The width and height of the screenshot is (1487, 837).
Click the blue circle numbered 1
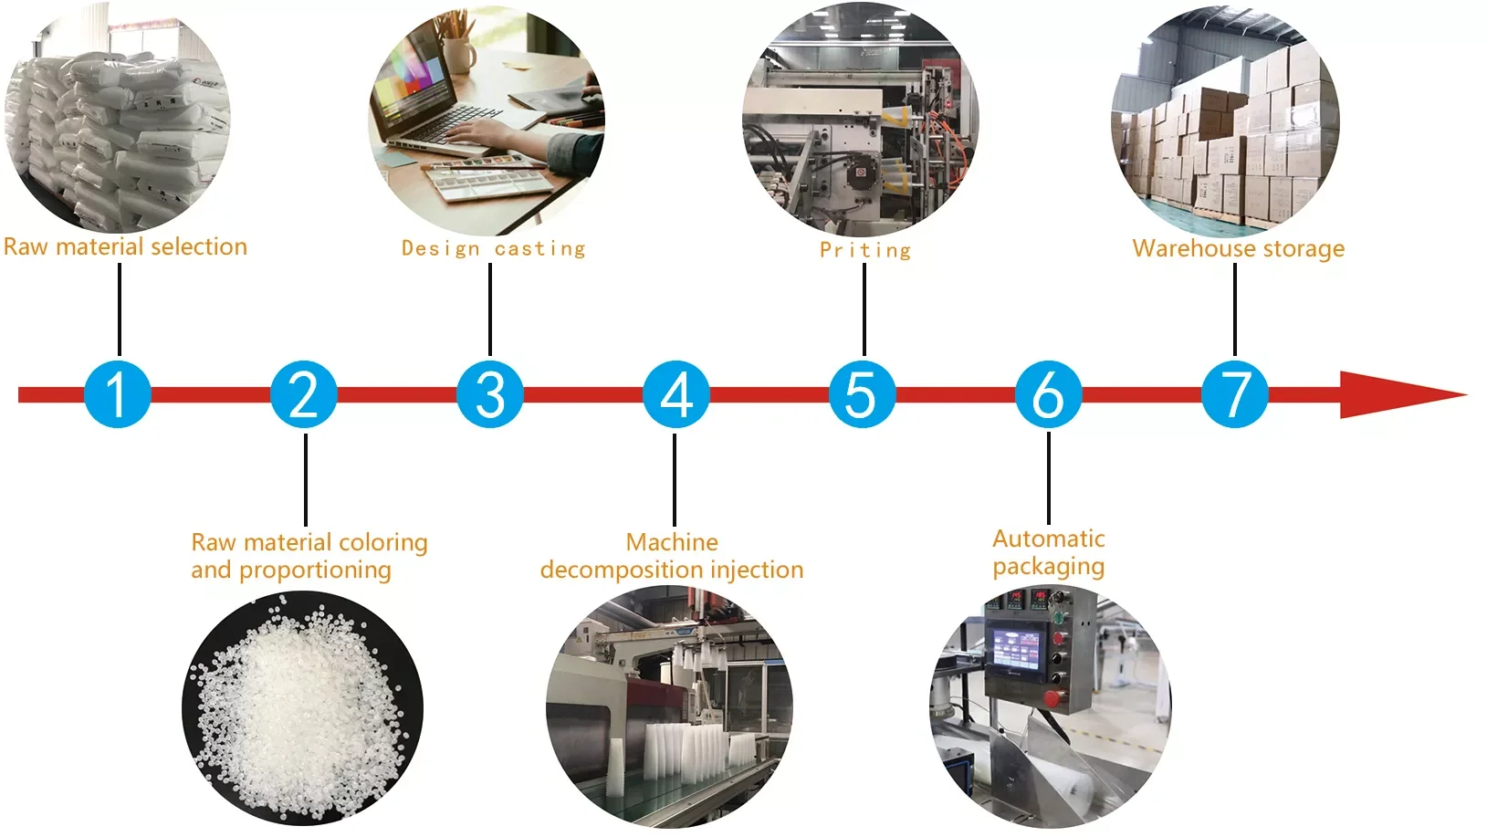point(118,394)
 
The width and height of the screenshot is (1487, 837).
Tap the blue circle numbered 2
point(304,394)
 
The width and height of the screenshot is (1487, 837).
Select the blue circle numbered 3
point(490,394)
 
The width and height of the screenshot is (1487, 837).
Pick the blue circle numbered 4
point(676,394)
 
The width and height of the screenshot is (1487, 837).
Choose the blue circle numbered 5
point(863,394)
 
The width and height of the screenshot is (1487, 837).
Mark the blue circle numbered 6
point(1049,394)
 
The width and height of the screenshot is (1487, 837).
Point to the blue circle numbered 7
point(1235,394)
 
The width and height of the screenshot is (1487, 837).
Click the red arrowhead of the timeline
point(1397,394)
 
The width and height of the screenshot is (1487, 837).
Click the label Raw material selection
point(125,246)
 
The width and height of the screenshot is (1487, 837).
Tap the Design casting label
point(493,248)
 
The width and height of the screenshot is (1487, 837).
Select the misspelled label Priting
point(864,250)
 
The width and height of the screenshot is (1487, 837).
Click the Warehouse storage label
point(1238,248)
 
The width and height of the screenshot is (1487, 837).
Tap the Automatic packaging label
point(1049,552)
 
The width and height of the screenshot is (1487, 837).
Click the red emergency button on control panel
point(1052,699)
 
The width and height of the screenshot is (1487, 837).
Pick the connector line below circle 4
point(675,478)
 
